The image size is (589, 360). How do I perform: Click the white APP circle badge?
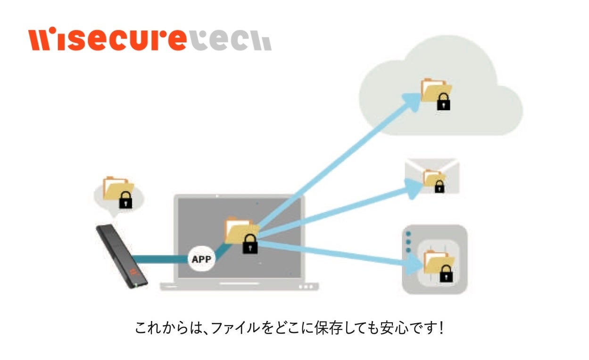click(201, 259)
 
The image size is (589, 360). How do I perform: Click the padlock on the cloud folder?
click(443, 101)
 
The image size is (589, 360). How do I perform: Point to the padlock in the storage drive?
click(446, 273)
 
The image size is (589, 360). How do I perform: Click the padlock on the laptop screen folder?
click(250, 244)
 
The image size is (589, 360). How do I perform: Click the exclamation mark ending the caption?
click(441, 328)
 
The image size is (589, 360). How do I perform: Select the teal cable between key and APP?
click(160, 259)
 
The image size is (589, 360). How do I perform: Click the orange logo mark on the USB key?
click(133, 272)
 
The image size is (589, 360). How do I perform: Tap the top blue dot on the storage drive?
click(408, 234)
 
